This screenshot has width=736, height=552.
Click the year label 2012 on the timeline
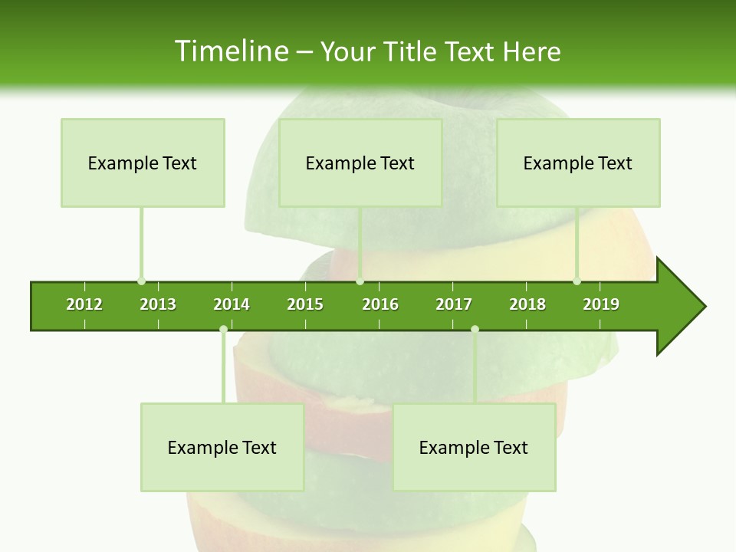(x=84, y=304)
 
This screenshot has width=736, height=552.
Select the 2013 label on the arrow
(x=158, y=304)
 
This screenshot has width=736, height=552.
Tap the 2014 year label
(x=232, y=304)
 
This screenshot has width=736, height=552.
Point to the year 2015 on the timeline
(x=305, y=304)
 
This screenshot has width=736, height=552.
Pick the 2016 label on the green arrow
(x=380, y=304)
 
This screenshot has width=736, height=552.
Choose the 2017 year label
(x=454, y=304)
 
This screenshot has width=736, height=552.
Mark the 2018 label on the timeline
(x=527, y=304)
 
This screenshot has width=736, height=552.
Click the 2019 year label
(x=601, y=304)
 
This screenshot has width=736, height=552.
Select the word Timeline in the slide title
(x=229, y=51)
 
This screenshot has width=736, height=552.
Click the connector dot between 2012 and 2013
(x=141, y=281)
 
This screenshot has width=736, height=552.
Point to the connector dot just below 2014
(x=223, y=330)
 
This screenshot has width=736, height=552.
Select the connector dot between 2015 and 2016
(x=360, y=281)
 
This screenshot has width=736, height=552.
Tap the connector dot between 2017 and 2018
(x=475, y=330)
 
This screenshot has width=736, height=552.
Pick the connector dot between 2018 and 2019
(x=577, y=281)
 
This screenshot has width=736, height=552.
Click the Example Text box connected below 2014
(x=222, y=447)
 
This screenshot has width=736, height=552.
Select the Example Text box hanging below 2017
(x=474, y=447)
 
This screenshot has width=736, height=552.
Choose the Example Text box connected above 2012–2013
(x=143, y=163)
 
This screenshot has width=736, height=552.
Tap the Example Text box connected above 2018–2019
(x=578, y=163)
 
